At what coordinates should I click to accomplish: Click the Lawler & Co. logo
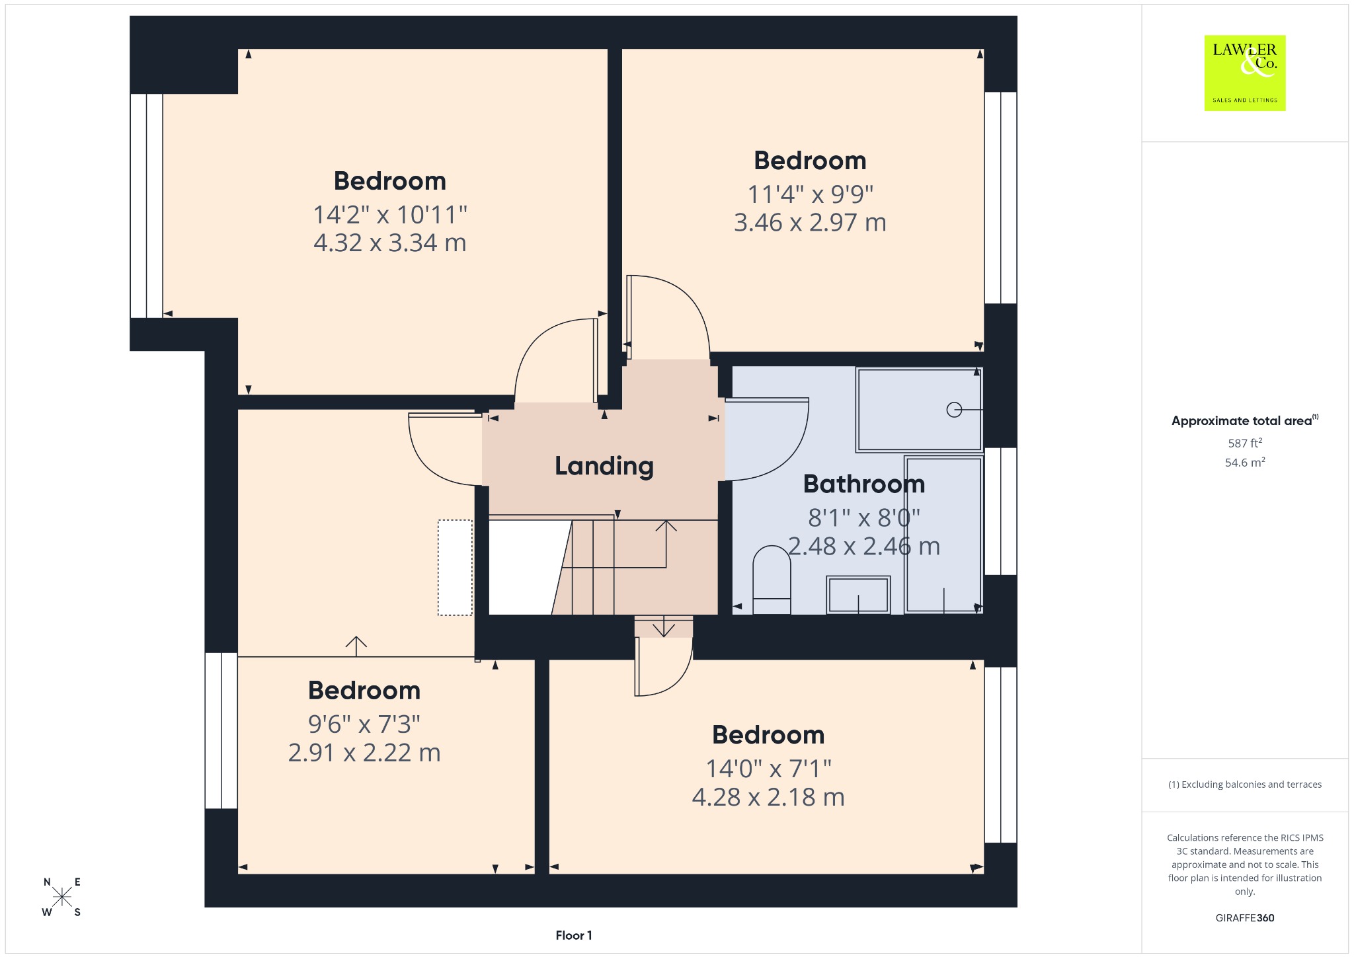(1244, 73)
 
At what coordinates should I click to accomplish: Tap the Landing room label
(604, 466)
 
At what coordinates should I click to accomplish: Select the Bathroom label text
(863, 484)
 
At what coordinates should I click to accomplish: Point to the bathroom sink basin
(858, 594)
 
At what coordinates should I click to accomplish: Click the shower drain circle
(954, 410)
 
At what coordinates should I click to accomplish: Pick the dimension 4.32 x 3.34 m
(390, 243)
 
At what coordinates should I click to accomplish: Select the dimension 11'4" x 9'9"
(810, 194)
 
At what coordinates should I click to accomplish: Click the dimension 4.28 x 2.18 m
(768, 797)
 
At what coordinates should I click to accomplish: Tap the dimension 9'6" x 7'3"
(364, 724)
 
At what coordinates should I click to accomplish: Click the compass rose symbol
(62, 897)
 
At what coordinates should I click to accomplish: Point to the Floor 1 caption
(574, 935)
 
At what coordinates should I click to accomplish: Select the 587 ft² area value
(1245, 443)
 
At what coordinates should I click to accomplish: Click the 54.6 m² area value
(1245, 462)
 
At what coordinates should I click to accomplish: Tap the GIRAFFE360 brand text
(1245, 917)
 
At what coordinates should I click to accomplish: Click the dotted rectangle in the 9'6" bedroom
(455, 568)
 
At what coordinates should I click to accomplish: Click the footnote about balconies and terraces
(1245, 785)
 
